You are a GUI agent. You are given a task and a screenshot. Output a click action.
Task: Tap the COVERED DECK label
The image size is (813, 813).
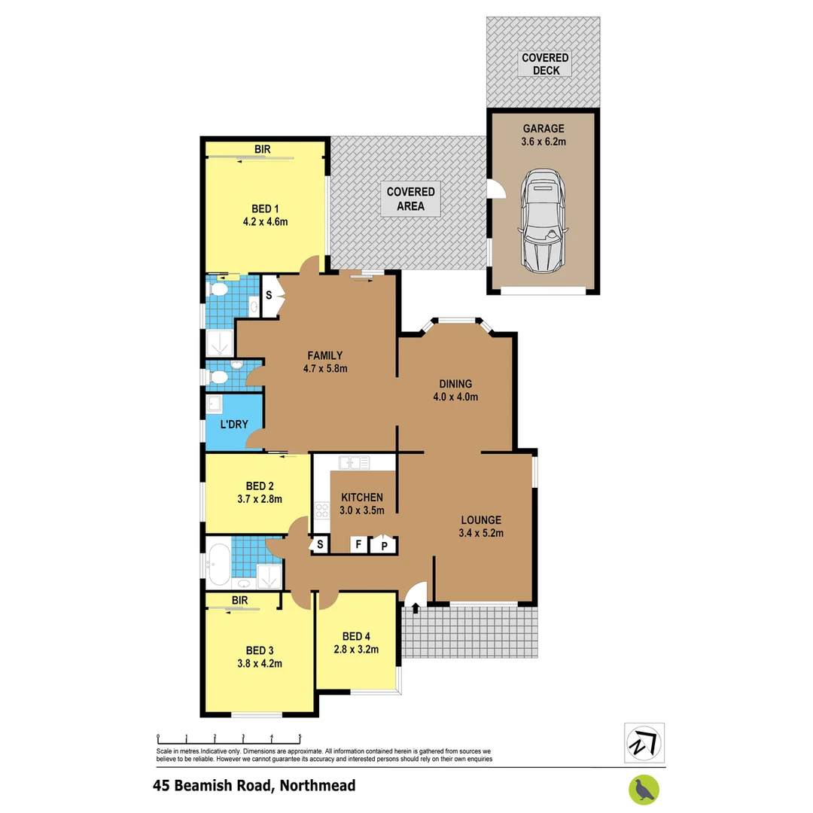[x=545, y=64]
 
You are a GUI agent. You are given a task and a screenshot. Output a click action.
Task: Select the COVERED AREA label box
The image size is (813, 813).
[x=410, y=199]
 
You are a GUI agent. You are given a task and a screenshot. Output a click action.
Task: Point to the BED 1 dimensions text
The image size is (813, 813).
[x=265, y=221]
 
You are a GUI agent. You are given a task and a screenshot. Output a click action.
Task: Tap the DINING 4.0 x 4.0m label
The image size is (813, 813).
[x=452, y=390]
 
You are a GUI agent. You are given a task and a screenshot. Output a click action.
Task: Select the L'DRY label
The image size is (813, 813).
[x=234, y=424]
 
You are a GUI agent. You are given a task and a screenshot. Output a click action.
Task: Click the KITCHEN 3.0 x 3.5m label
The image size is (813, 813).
[x=362, y=504]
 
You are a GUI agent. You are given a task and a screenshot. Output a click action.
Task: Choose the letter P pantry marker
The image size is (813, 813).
[x=383, y=546]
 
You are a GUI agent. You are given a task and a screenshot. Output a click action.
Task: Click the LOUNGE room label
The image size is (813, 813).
[x=481, y=526]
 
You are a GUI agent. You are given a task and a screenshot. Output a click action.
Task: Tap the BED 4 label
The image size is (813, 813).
[x=355, y=634]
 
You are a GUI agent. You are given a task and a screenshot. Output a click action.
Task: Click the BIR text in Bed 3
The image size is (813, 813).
[x=240, y=600]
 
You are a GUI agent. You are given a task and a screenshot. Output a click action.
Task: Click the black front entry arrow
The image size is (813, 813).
[x=416, y=607]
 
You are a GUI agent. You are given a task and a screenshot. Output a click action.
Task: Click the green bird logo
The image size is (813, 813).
[x=644, y=788]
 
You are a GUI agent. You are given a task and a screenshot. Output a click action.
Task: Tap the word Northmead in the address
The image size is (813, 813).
[x=316, y=786]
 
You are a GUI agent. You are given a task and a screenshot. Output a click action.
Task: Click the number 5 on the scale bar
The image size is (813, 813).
[x=300, y=738]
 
